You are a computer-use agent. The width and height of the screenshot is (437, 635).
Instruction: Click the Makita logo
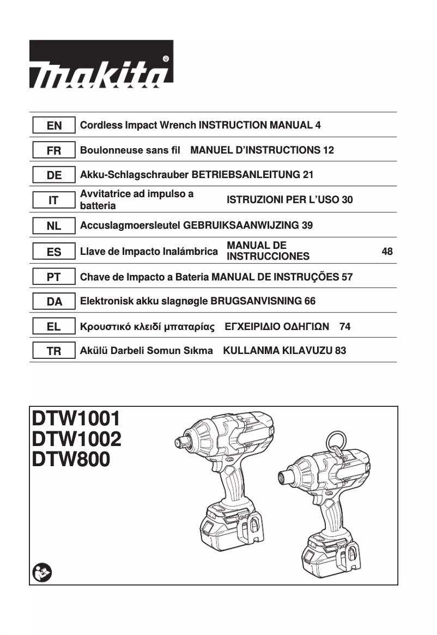click(101, 64)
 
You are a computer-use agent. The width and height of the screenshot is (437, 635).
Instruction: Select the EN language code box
click(53, 126)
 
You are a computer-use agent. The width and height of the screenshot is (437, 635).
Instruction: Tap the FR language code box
click(53, 150)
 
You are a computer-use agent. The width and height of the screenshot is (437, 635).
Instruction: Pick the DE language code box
click(53, 175)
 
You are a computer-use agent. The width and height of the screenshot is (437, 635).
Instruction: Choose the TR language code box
click(53, 351)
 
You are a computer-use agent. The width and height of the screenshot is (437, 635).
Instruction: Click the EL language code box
click(53, 327)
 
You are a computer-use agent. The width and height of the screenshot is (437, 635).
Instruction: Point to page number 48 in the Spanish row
click(387, 252)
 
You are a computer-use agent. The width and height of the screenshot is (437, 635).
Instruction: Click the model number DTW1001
click(76, 419)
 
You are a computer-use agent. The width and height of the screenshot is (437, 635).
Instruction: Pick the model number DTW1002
click(76, 439)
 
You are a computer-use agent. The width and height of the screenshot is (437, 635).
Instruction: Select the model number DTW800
click(71, 459)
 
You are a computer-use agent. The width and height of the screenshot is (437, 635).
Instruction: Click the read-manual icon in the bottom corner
click(41, 572)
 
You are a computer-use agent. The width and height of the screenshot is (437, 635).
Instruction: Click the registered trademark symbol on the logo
click(166, 58)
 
